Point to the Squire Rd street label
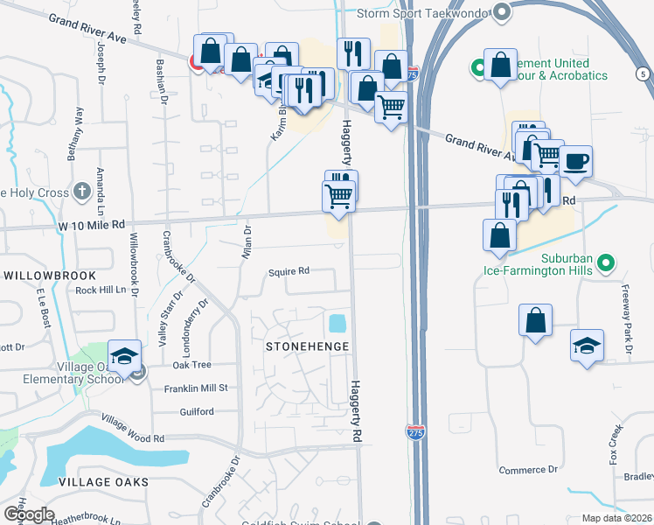tap(289, 271)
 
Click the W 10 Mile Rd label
tap(80, 225)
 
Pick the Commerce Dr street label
tap(528, 470)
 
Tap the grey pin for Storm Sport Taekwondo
tap(501, 12)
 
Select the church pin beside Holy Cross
tap(81, 190)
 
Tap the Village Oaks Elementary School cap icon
tap(125, 356)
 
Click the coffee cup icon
tap(575, 161)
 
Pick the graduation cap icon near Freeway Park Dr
tap(587, 344)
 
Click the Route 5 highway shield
tap(644, 74)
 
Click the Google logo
tap(28, 514)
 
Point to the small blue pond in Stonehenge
tap(336, 324)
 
